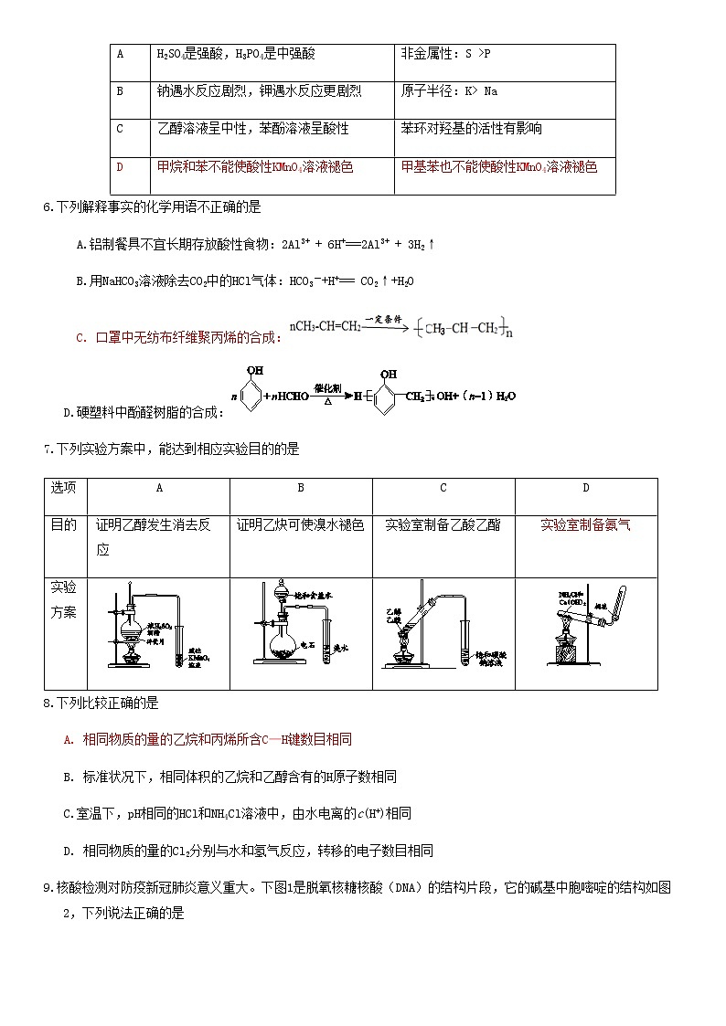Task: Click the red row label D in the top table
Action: (119, 167)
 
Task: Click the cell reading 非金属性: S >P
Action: (446, 54)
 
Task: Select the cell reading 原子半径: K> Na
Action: (449, 91)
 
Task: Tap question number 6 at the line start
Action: (48, 207)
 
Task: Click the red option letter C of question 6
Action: (81, 338)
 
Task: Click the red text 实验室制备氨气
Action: (585, 524)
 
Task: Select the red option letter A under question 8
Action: (69, 739)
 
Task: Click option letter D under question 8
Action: (69, 850)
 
